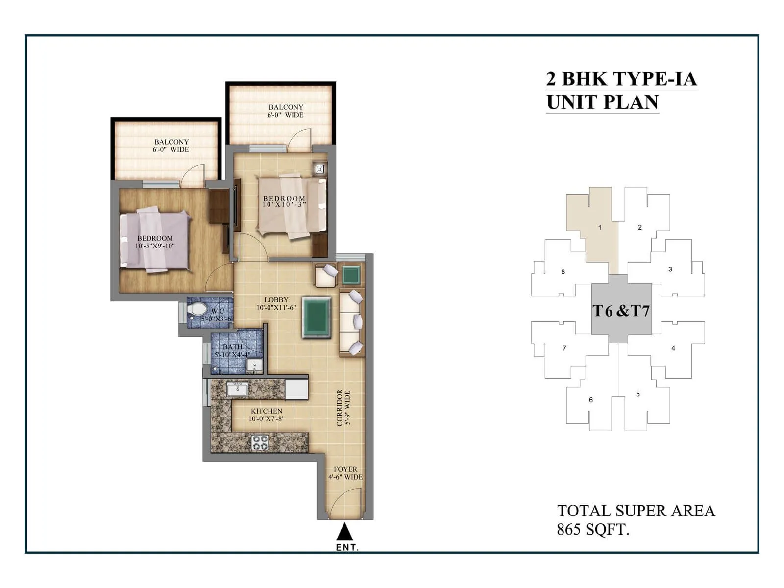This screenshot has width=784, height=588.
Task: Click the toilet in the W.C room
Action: pos(198,309)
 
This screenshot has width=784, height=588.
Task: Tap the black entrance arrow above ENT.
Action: pos(345,532)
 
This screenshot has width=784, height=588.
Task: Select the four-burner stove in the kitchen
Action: pos(260,442)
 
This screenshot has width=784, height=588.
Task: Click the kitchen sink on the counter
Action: pos(237,390)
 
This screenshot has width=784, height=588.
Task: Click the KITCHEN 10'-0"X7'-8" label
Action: pos(266,415)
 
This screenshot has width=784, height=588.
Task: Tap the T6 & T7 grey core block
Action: pos(621,311)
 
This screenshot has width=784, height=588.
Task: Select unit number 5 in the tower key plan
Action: pos(637,394)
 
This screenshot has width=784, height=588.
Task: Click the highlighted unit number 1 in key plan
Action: pos(599,227)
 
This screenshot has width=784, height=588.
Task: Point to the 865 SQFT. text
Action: pos(593,530)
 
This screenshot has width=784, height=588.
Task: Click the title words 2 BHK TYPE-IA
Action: pos(621,79)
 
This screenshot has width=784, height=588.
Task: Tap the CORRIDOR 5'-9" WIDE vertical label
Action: pos(343,408)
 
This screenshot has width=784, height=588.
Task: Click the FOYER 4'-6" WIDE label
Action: pos(345,473)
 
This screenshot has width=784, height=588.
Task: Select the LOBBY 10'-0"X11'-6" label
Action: pos(276,304)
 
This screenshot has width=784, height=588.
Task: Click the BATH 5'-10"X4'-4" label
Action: pos(232,351)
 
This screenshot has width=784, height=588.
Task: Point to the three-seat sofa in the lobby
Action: pos(351,322)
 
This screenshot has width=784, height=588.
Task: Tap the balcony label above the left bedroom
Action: pos(171,146)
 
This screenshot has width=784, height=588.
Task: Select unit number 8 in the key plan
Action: pos(563,271)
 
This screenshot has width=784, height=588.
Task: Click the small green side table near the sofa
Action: pos(351,275)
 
